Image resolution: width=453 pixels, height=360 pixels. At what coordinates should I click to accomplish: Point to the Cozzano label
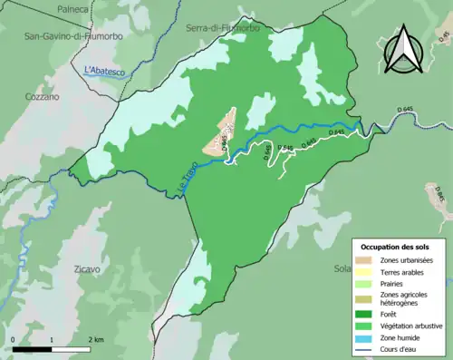(x=43, y=96)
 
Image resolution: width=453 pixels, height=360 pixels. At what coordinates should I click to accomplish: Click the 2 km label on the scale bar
(x=97, y=340)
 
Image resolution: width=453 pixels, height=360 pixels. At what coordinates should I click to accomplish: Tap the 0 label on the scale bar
(x=14, y=340)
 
